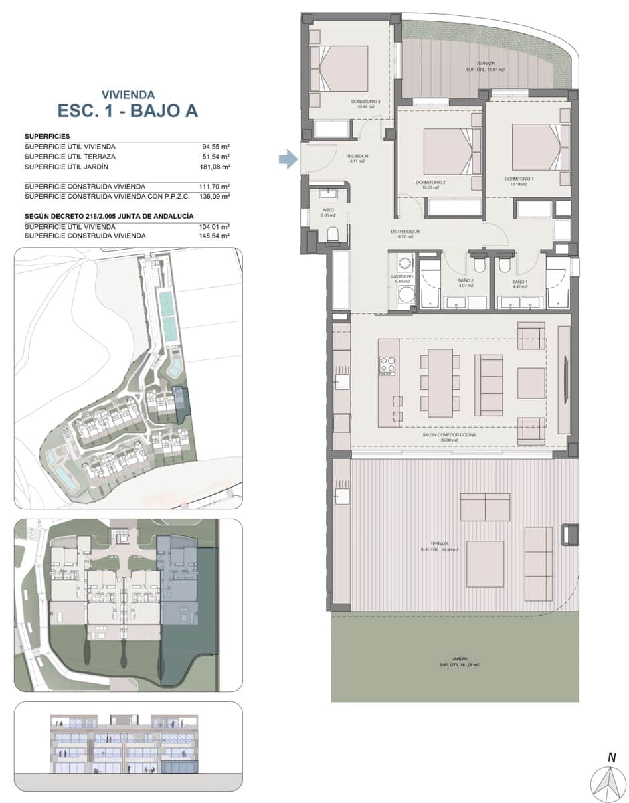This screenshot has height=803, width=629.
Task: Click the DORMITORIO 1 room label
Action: [x=519, y=180]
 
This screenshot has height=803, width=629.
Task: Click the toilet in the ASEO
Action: [x=333, y=234]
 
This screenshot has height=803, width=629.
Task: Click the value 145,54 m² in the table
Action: [x=216, y=236]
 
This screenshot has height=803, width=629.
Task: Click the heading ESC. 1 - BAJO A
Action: [x=127, y=110]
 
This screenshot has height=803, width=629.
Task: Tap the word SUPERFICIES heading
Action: [x=47, y=136]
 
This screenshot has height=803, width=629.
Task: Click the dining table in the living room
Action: [x=440, y=382]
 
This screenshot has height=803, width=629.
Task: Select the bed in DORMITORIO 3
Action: [x=342, y=68]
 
